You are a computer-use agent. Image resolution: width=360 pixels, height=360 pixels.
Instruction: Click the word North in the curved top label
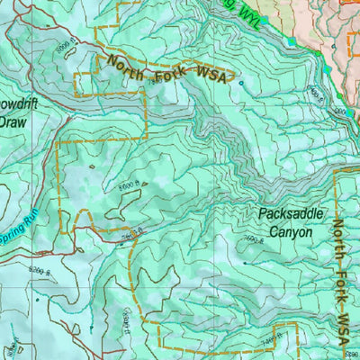point(127,65)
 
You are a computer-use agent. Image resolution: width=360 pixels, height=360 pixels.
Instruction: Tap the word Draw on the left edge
point(13,121)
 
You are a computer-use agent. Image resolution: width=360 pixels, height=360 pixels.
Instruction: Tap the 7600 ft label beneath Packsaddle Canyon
point(251,239)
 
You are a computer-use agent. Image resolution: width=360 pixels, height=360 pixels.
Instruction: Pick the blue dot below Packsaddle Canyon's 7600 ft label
point(245,263)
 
